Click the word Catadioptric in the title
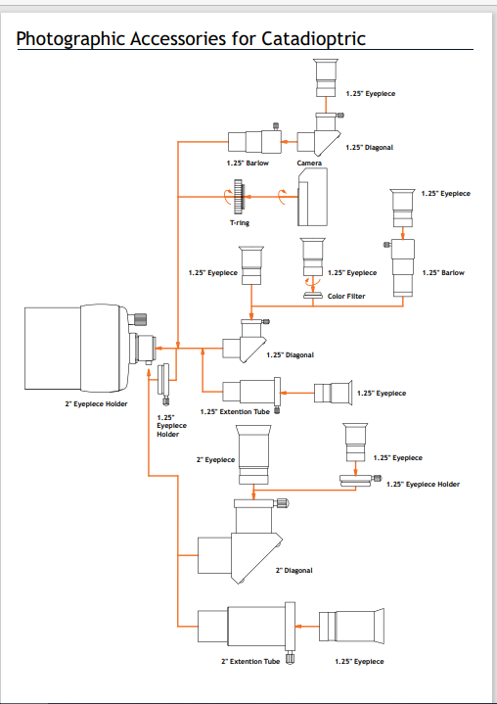313,38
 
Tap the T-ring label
240,222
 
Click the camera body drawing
313,197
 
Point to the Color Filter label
346,297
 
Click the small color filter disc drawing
313,295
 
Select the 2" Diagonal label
294,571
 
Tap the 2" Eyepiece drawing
254,455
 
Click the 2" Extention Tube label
250,661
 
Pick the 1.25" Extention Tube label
235,411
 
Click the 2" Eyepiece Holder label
96,404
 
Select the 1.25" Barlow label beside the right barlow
443,272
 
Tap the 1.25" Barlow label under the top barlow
248,164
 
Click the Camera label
309,163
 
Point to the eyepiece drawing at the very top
326,77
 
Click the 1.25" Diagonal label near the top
369,147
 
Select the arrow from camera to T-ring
270,197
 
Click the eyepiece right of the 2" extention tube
351,625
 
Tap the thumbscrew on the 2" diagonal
283,503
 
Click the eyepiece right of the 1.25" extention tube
333,393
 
